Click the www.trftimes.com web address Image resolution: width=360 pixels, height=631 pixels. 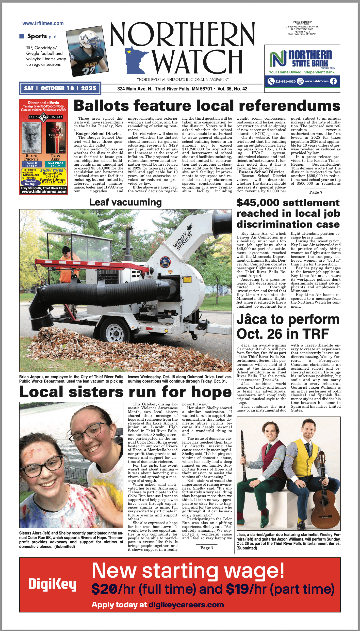43,23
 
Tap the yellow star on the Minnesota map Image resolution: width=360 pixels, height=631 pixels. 129,52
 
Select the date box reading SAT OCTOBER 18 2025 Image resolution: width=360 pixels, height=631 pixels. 60,88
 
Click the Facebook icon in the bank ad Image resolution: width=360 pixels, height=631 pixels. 333,81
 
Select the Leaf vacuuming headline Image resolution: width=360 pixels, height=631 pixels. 125,202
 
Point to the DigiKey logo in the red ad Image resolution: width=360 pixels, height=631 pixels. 52,584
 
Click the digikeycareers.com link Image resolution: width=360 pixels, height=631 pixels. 186,605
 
